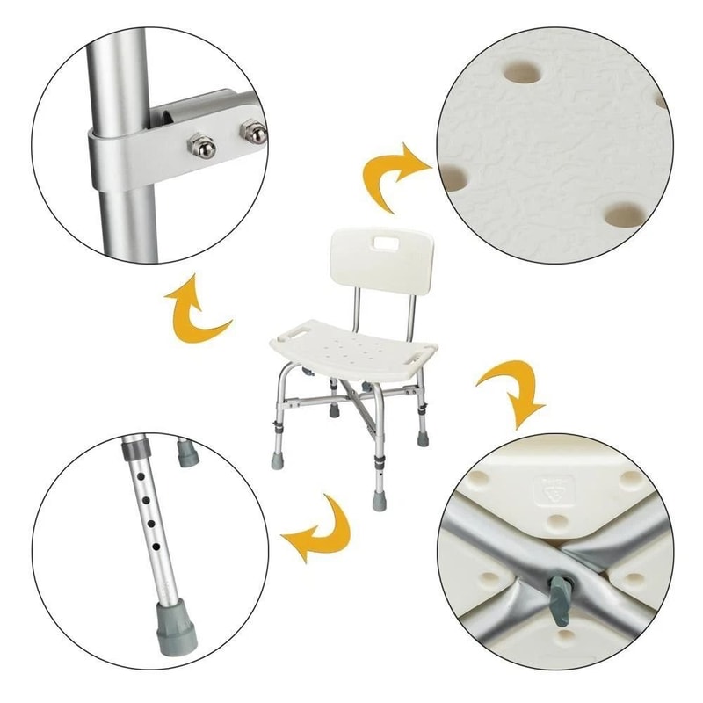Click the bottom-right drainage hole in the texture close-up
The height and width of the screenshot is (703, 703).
(625, 214)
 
